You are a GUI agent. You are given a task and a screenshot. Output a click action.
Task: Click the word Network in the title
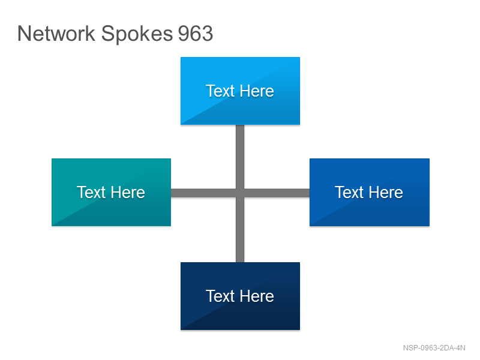tap(56, 34)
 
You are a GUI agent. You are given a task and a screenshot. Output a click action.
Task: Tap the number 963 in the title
tap(196, 34)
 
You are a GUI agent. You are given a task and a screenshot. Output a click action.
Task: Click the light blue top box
tap(241, 91)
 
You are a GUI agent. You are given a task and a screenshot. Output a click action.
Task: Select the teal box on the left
tap(111, 192)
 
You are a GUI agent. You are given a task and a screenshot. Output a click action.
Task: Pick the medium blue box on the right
tap(370, 192)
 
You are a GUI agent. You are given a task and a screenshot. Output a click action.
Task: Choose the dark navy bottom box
tap(241, 296)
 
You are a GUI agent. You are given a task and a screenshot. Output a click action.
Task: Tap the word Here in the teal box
tap(128, 192)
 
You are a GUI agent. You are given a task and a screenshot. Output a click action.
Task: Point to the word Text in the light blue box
tap(220, 91)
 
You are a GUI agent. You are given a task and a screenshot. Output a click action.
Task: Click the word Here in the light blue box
tap(257, 91)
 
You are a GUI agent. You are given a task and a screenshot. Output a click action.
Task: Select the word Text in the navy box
tap(220, 296)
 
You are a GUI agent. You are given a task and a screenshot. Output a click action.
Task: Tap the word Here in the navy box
tap(257, 296)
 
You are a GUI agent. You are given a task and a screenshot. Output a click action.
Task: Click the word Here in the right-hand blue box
tap(386, 192)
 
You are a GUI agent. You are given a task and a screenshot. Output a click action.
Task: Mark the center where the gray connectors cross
tap(240, 193)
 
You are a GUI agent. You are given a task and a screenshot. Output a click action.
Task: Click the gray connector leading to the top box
tap(240, 157)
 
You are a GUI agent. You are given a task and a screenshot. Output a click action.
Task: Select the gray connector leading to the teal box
tap(203, 193)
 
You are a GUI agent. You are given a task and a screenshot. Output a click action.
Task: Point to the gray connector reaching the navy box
tap(240, 230)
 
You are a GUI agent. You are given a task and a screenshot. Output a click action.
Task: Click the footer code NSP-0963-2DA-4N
tap(434, 348)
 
